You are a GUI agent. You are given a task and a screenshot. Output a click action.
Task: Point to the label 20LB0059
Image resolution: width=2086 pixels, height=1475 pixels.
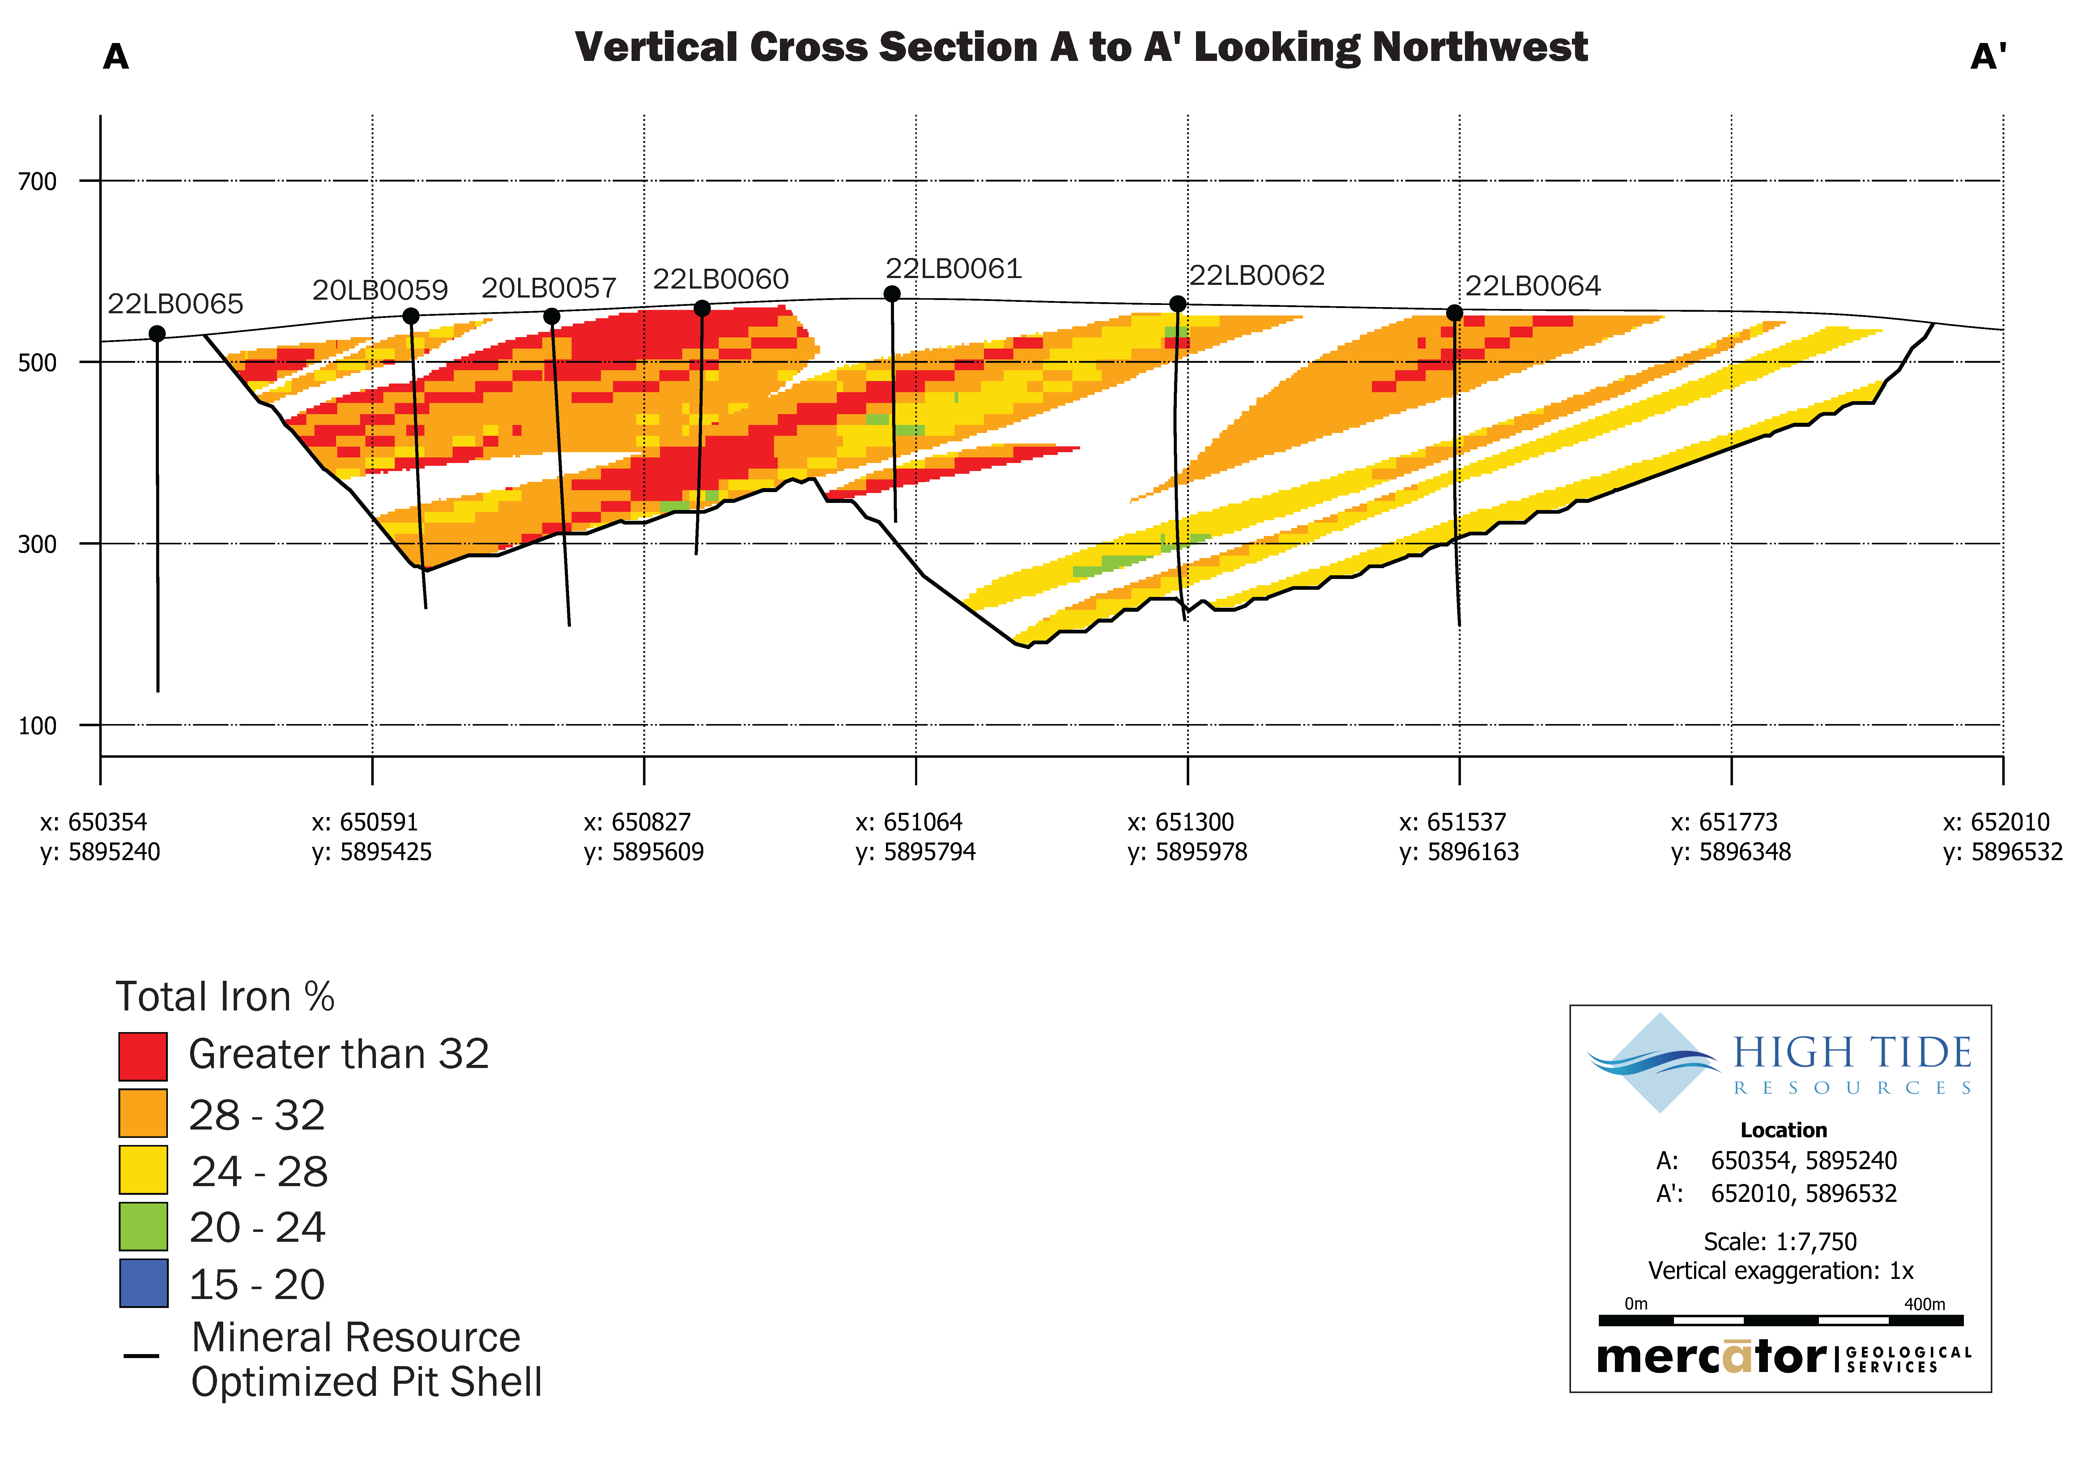(x=380, y=291)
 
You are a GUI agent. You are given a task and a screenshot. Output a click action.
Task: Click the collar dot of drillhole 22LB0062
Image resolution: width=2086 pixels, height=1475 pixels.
(x=1177, y=303)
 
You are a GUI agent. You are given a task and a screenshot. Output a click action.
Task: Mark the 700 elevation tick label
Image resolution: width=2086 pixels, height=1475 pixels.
(x=37, y=182)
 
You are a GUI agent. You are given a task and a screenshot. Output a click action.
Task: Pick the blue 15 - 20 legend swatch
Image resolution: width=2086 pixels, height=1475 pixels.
(x=143, y=1282)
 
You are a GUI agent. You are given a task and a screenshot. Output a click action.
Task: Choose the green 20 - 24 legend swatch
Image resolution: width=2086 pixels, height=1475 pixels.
(x=143, y=1226)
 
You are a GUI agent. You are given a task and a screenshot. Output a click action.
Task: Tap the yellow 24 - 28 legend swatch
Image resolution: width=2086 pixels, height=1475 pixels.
(x=143, y=1170)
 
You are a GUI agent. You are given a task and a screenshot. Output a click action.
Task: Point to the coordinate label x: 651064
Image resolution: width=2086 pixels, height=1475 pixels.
(x=909, y=822)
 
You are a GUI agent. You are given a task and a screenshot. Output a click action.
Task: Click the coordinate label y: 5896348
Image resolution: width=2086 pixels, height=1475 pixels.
(x=1731, y=852)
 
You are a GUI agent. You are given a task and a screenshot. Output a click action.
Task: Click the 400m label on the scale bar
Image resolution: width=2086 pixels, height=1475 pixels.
(x=1924, y=1304)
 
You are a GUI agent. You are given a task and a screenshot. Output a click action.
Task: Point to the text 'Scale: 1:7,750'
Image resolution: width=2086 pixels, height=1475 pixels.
(x=1779, y=1241)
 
